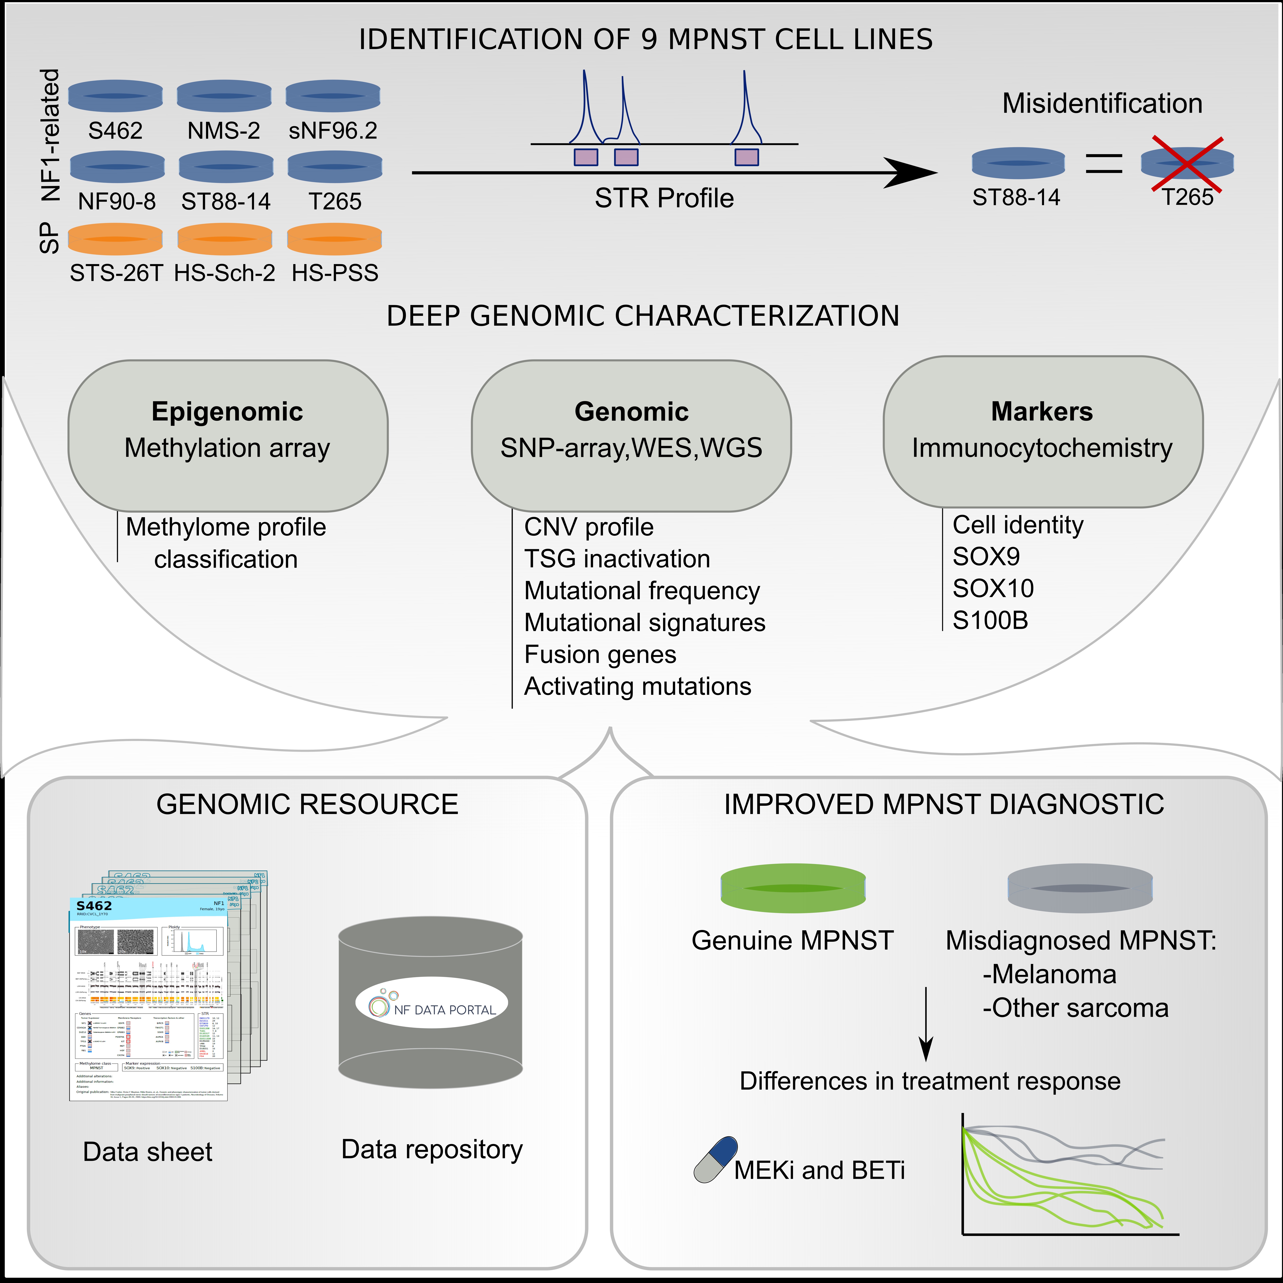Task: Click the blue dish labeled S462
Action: [115, 96]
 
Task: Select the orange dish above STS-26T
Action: [115, 239]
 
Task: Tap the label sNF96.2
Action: [333, 130]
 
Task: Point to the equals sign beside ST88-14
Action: [1104, 163]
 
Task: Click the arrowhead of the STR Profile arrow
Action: [913, 173]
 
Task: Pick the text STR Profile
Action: [664, 198]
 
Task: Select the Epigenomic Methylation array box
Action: [228, 435]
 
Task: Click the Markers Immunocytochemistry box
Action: [1043, 432]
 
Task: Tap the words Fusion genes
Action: [600, 655]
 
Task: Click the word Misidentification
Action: [1102, 104]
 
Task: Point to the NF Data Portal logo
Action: [432, 1003]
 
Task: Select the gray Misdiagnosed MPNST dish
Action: [1080, 888]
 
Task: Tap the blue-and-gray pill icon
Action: [716, 1159]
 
